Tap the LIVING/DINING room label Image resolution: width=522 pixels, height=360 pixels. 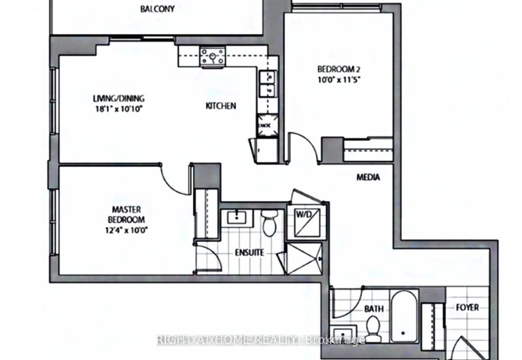[x=118, y=99]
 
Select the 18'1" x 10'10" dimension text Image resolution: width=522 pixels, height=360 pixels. [x=118, y=109]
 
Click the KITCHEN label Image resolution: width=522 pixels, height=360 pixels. [x=221, y=106]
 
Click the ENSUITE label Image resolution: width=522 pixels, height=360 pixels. [x=249, y=250]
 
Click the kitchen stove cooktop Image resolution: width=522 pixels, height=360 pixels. [x=213, y=56]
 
